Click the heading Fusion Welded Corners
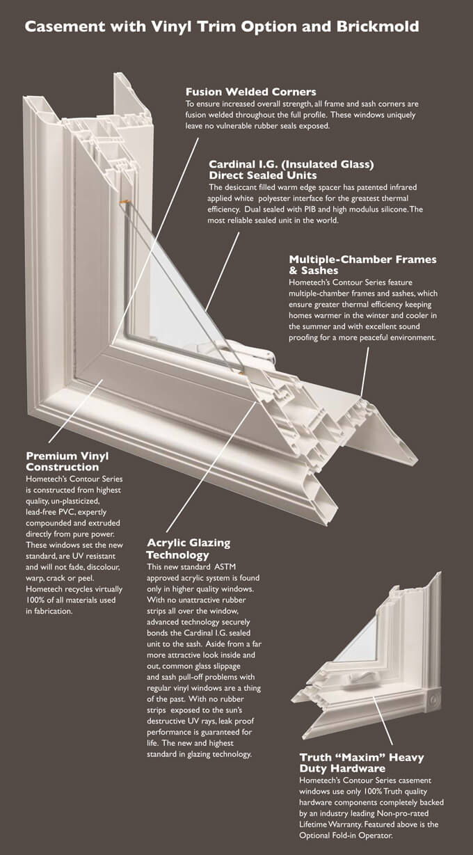tap(250, 92)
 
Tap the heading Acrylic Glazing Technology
tap(188, 548)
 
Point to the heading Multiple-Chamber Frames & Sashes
tap(362, 264)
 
